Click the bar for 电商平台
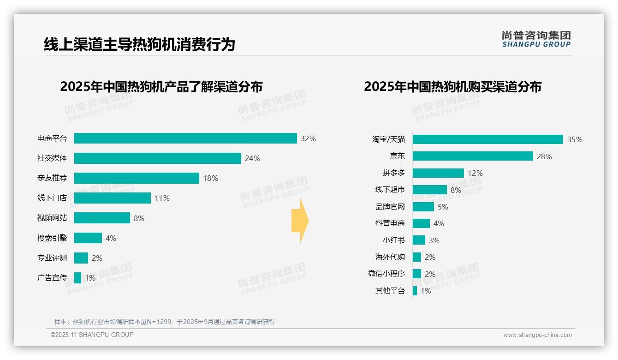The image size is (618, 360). [x=185, y=138]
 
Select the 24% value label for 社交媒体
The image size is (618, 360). [x=252, y=158]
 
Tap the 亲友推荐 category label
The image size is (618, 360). [x=52, y=178]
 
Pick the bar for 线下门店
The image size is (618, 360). [x=113, y=198]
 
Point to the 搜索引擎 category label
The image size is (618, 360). [x=52, y=238]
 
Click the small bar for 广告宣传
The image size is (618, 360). [x=77, y=278]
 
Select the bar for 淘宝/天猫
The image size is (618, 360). [x=487, y=139]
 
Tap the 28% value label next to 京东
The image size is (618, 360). [x=544, y=156]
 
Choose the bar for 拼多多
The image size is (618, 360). [x=438, y=173]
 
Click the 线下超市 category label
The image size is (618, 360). [x=390, y=190]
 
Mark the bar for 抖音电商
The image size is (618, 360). [x=421, y=223]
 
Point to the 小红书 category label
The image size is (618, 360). [x=394, y=240]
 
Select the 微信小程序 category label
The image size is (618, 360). [x=386, y=274]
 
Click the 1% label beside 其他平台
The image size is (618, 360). [x=426, y=291]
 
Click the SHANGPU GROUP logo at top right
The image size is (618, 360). [x=536, y=39]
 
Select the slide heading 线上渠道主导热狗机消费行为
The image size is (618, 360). [x=139, y=44]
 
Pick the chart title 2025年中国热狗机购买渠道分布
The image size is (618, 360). [x=452, y=87]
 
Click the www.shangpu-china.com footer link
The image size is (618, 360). [x=537, y=335]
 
